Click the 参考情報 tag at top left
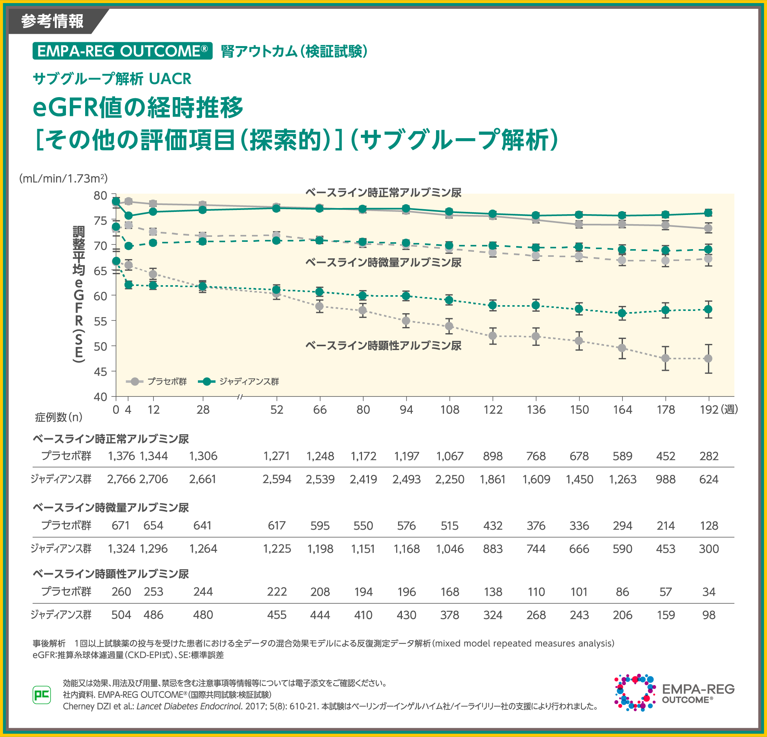(x=52, y=21)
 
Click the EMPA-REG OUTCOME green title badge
(x=122, y=51)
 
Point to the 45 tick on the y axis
(x=100, y=371)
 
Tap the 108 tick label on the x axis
(x=449, y=410)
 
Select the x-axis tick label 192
(x=709, y=410)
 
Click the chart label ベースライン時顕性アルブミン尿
(x=383, y=345)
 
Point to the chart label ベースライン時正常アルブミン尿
(x=383, y=192)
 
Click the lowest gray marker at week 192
(x=708, y=358)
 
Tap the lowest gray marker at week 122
(x=493, y=335)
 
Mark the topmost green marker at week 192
(x=708, y=213)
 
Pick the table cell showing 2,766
(x=121, y=479)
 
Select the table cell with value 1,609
(x=536, y=479)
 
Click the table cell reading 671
(x=120, y=525)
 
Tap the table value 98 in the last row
(x=709, y=615)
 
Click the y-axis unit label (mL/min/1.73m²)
(x=63, y=178)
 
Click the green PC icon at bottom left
(x=41, y=695)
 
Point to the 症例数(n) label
(x=59, y=418)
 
